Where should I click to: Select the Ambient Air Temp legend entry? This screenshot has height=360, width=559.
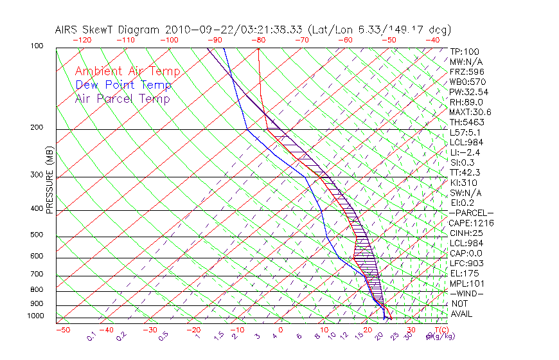(127, 71)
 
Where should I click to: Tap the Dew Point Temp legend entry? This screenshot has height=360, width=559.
(123, 85)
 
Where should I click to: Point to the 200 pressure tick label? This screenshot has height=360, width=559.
(37, 128)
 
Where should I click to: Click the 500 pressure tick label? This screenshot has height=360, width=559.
(37, 235)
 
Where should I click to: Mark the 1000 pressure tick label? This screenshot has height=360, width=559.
(35, 316)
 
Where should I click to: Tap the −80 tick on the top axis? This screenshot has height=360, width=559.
(258, 40)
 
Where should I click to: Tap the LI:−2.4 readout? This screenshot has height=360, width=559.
(465, 152)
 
